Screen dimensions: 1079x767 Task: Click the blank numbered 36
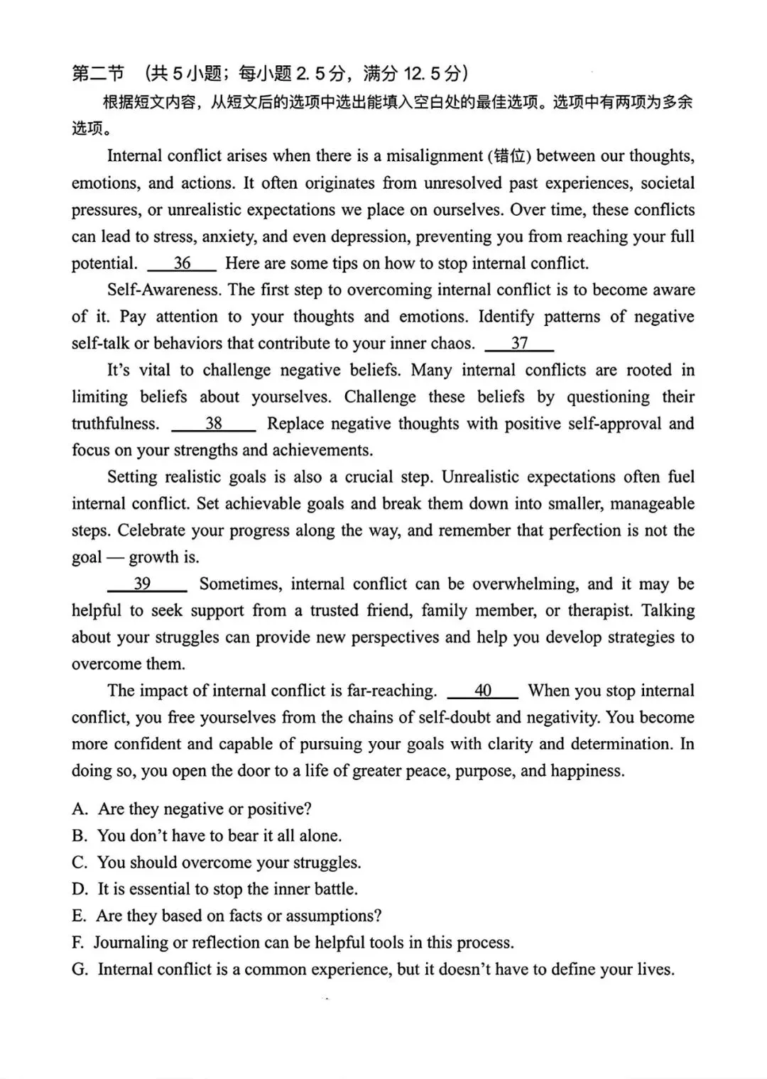182,264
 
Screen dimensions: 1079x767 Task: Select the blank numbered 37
519,344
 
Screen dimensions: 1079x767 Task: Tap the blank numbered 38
213,425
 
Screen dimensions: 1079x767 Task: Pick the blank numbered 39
146,584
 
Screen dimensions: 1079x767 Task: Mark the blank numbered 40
482,691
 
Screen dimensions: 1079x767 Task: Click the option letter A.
80,810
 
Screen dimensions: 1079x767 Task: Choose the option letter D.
80,889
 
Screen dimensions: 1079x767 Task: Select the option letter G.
80,970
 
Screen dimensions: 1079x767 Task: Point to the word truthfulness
115,425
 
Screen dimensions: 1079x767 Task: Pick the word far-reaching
391,691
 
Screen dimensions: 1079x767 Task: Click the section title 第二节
98,74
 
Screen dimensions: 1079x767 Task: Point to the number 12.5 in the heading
422,74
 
